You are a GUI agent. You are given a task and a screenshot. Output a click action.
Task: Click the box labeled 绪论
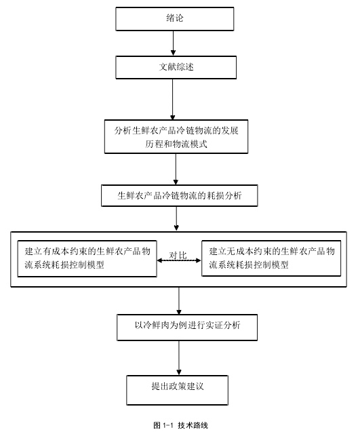click(x=175, y=19)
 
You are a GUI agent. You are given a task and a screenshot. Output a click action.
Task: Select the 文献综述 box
click(x=176, y=68)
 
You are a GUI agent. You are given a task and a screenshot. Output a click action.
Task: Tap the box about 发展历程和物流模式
click(x=176, y=137)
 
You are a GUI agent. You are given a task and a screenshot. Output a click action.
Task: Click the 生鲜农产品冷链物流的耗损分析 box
click(x=179, y=195)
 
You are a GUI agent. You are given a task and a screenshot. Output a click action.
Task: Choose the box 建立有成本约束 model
click(x=87, y=258)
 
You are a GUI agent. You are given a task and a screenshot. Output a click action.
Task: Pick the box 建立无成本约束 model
click(x=271, y=258)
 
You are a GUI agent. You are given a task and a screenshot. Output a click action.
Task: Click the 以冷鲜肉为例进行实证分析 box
click(x=187, y=328)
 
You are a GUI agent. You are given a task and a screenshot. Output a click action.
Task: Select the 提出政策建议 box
click(x=178, y=390)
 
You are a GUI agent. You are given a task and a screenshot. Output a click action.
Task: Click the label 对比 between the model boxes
click(x=178, y=255)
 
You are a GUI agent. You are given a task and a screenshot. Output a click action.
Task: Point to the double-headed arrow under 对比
click(x=179, y=260)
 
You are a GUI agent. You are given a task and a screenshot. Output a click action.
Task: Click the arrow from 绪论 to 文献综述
click(x=174, y=43)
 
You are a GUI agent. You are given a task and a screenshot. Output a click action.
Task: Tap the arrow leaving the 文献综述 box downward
click(x=173, y=100)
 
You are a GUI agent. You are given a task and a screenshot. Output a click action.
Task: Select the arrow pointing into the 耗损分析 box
click(x=176, y=169)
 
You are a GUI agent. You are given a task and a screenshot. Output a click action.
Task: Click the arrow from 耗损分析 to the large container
click(x=176, y=218)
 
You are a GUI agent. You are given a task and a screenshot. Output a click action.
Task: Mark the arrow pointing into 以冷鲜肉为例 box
click(x=179, y=301)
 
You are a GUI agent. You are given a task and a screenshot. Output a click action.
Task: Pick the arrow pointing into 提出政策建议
click(x=179, y=358)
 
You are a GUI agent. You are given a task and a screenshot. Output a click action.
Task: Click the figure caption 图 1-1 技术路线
click(x=181, y=425)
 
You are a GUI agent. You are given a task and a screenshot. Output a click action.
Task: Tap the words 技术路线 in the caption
click(x=193, y=425)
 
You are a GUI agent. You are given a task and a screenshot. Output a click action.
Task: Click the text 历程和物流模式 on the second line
click(x=176, y=144)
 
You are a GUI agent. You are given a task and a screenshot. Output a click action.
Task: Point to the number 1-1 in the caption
click(x=168, y=425)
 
